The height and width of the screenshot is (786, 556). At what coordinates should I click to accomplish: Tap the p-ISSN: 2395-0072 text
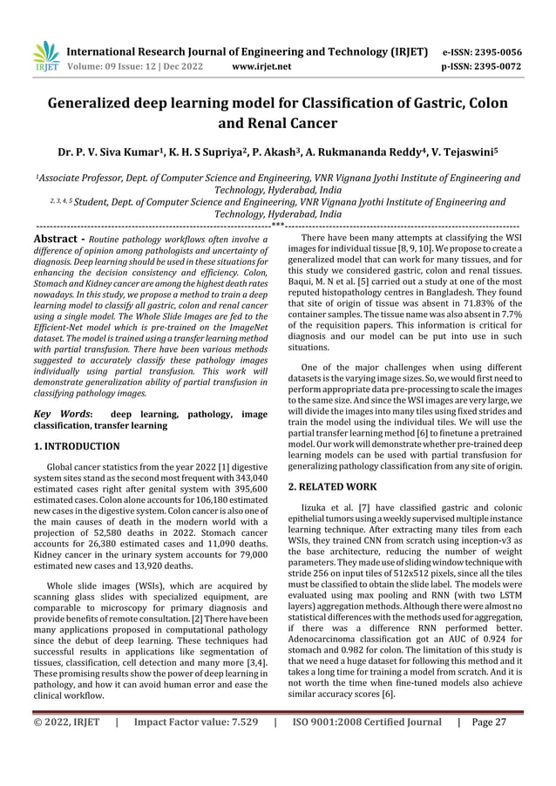coord(488,64)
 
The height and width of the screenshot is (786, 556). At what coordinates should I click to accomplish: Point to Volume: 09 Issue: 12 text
coord(125,64)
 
